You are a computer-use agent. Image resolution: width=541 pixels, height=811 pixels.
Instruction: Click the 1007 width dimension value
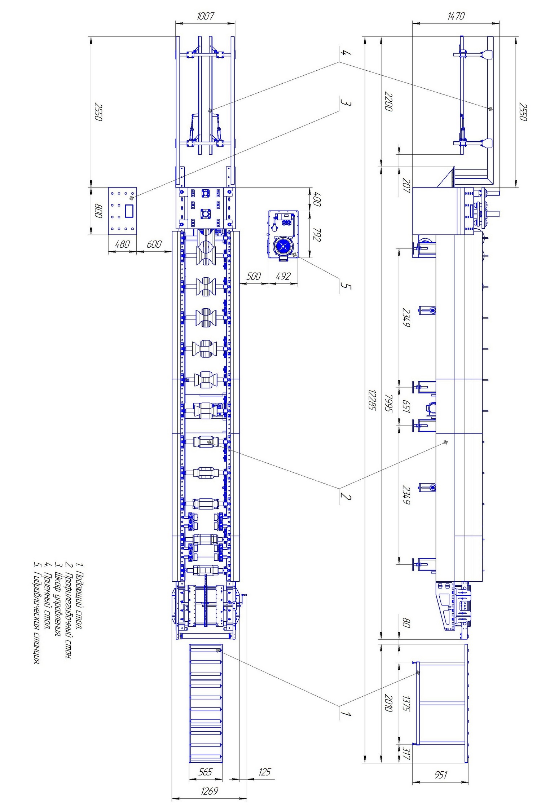[205, 16]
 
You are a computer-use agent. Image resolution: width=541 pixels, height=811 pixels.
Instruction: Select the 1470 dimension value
[456, 16]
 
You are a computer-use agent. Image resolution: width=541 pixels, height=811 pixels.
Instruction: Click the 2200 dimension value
[388, 101]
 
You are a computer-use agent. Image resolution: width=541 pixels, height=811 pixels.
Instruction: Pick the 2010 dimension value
[388, 703]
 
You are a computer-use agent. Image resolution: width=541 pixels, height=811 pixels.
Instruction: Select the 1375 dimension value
[406, 704]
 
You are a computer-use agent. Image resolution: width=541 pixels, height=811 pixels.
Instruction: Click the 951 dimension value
[441, 774]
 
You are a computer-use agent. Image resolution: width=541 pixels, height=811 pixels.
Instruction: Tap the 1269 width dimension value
[209, 791]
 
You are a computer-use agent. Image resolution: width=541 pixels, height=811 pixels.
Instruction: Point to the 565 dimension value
[205, 772]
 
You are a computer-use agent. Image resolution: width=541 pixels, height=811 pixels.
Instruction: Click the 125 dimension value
[265, 772]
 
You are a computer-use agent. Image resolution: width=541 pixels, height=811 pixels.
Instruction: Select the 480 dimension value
[122, 244]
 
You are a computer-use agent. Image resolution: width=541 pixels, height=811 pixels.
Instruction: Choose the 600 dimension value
[154, 244]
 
